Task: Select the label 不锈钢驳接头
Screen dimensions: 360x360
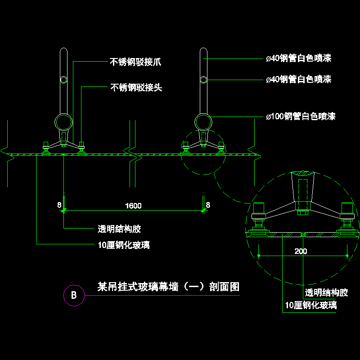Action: (136, 87)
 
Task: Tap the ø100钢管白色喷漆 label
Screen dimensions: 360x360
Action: (300, 117)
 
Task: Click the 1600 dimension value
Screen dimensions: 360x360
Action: (133, 206)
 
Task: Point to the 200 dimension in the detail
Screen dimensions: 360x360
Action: (301, 251)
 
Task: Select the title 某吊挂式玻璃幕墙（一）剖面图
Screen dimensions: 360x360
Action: (168, 287)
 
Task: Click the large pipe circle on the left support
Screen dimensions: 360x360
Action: (63, 122)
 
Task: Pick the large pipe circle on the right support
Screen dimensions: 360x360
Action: (203, 122)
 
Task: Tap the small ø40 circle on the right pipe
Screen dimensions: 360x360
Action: (203, 80)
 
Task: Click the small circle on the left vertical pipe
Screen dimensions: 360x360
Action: (63, 80)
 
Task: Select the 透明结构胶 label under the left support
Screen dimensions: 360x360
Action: (120, 229)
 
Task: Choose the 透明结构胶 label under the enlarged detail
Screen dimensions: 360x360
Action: (327, 293)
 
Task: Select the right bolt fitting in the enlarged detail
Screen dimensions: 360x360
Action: (347, 215)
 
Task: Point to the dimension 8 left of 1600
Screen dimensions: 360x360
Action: (59, 205)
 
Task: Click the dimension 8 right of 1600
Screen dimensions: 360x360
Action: (208, 205)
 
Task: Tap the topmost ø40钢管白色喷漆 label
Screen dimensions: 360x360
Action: (298, 58)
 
